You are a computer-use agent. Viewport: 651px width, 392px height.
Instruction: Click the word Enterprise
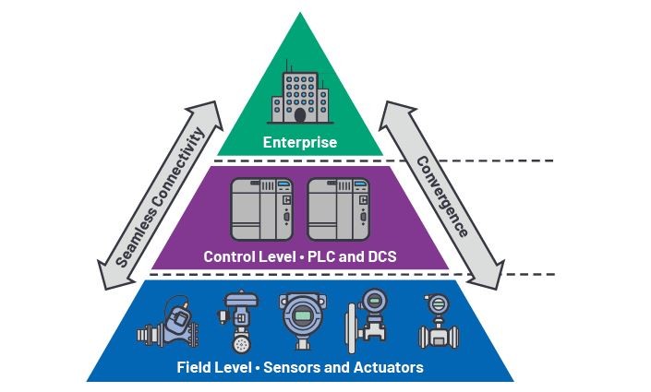tap(300, 142)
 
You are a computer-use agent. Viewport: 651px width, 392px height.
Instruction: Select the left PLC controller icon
tap(261, 209)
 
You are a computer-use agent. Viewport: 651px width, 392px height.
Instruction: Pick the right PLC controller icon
tap(338, 209)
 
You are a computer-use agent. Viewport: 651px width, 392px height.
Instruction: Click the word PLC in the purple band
tap(321, 256)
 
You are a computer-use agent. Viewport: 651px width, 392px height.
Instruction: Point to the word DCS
tap(381, 256)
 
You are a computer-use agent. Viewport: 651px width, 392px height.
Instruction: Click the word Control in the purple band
tap(229, 256)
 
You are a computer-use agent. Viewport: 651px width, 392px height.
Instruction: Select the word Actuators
tap(389, 367)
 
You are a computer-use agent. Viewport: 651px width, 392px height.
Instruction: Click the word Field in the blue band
tap(193, 367)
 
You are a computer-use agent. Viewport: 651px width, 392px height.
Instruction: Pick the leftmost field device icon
tap(168, 322)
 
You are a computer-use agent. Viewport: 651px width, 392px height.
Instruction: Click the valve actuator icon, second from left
tap(239, 322)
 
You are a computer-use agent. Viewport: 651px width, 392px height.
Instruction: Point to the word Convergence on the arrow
tap(442, 196)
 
